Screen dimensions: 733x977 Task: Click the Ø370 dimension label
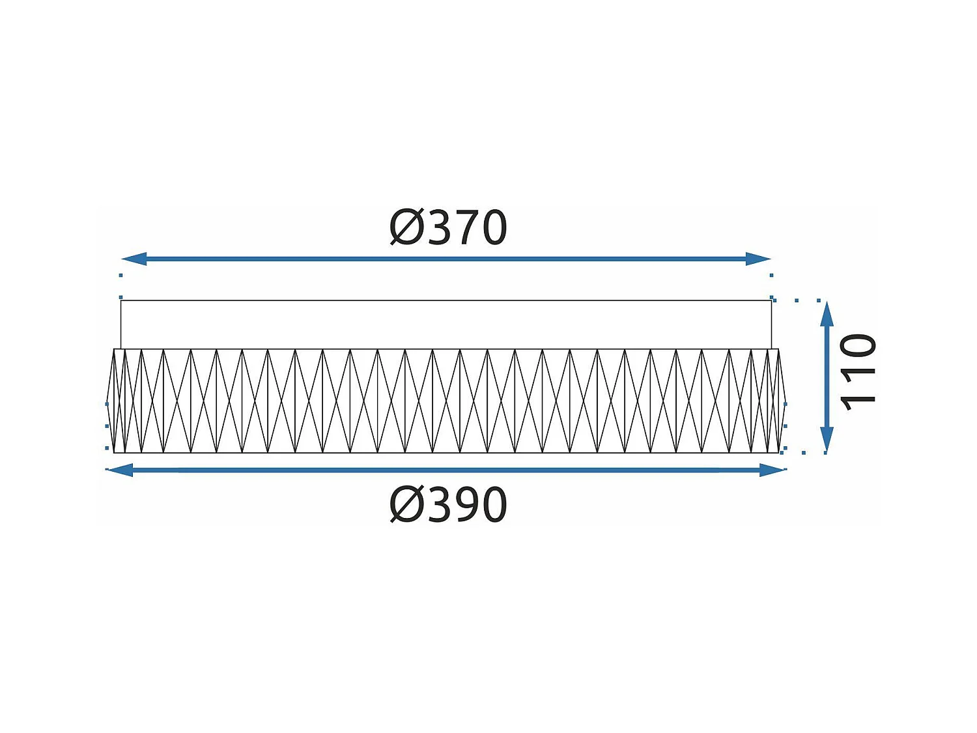448,228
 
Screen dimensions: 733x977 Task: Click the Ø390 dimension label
448,505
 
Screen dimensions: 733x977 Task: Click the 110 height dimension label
858,373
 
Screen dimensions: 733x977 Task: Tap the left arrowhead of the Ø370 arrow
133,259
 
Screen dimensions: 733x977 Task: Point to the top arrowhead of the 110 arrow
827,313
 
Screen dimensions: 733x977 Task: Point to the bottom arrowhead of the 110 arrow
827,441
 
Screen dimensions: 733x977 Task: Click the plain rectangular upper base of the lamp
446,324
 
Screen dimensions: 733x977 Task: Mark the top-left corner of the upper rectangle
121,301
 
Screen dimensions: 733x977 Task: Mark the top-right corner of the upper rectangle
771,301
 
